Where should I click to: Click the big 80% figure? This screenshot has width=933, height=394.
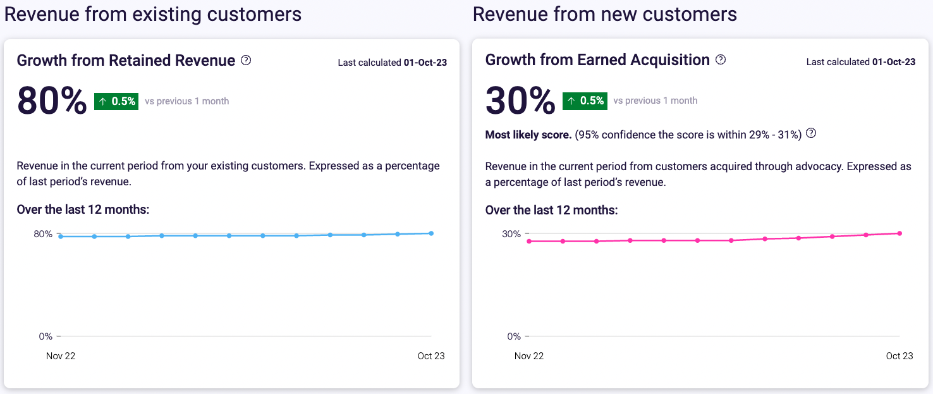[x=52, y=101]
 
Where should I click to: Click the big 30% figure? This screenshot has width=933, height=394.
[x=520, y=101]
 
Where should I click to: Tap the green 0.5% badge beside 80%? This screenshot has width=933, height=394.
[x=116, y=101]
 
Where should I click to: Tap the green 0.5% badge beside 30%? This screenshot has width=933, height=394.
[x=585, y=101]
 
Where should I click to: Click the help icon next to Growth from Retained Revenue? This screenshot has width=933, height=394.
[x=247, y=60]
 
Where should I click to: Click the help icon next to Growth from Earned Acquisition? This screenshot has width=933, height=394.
[x=721, y=60]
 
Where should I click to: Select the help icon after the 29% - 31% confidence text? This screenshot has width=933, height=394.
[x=812, y=133]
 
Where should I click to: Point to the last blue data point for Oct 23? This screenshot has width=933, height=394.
[x=431, y=233]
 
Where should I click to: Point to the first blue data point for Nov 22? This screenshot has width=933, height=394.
[x=61, y=237]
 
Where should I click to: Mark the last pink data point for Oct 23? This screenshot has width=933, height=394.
[x=899, y=233]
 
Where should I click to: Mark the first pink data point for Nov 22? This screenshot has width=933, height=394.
[x=529, y=241]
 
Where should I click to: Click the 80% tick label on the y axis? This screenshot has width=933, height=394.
[x=43, y=234]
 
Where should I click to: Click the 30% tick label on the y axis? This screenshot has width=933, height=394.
[x=511, y=234]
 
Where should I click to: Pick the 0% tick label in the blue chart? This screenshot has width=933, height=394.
[x=46, y=336]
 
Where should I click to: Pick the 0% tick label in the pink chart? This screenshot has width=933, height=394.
[x=514, y=336]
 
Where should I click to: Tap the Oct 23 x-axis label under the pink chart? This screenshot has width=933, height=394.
[x=899, y=356]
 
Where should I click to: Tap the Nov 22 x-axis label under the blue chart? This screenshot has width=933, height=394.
[x=61, y=356]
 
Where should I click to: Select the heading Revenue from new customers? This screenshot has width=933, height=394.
[x=605, y=14]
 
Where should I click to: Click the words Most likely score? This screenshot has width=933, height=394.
[x=528, y=135]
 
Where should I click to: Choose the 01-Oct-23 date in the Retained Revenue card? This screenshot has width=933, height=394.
[x=425, y=62]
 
